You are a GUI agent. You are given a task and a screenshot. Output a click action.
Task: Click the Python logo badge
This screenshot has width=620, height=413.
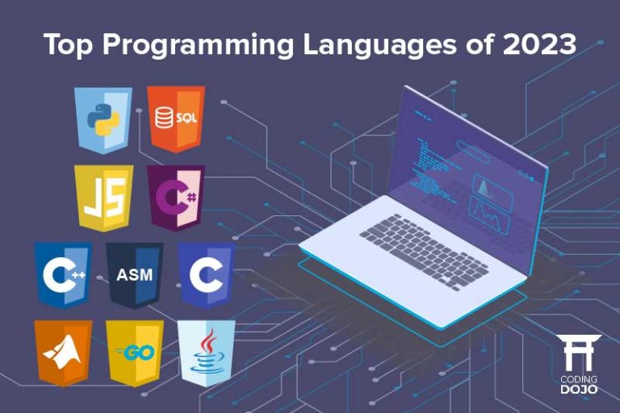coord(103,119)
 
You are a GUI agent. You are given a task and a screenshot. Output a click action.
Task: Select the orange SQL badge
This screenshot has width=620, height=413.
coord(176,119)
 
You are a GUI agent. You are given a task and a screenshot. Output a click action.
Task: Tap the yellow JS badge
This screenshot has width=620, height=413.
coord(103,197)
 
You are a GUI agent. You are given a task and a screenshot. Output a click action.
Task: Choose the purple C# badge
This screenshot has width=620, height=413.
coord(176,197)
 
